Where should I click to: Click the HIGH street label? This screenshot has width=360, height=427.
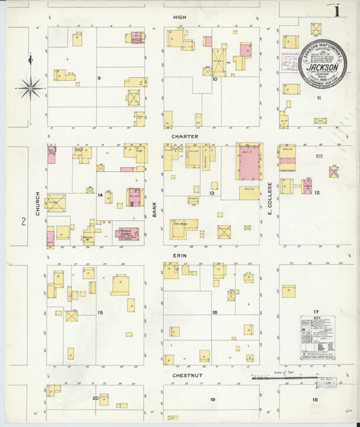pos(179,16)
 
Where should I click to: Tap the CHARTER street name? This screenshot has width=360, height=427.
pos(184,136)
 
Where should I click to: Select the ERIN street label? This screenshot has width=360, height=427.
pos(178,256)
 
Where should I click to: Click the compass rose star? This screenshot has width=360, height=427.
pos(30,86)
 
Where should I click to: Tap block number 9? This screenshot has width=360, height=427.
pos(99,78)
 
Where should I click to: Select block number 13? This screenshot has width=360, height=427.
pos(211,193)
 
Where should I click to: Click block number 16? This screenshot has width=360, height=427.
pos(215,312)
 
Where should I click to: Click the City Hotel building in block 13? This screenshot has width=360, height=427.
pos(183,228)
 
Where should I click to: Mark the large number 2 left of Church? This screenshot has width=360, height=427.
pos(22,221)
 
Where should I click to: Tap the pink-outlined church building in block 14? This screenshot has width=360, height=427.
pos(126,234)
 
